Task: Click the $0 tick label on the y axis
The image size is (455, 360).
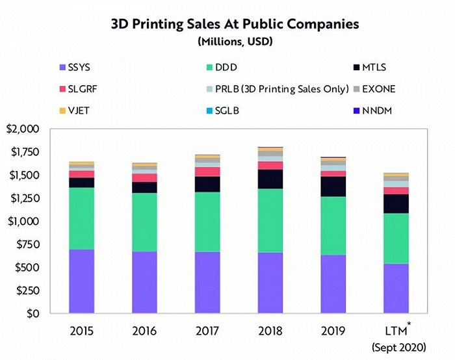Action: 38,314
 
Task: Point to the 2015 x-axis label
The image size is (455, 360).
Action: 81,331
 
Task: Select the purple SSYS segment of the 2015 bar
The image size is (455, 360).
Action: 81,281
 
